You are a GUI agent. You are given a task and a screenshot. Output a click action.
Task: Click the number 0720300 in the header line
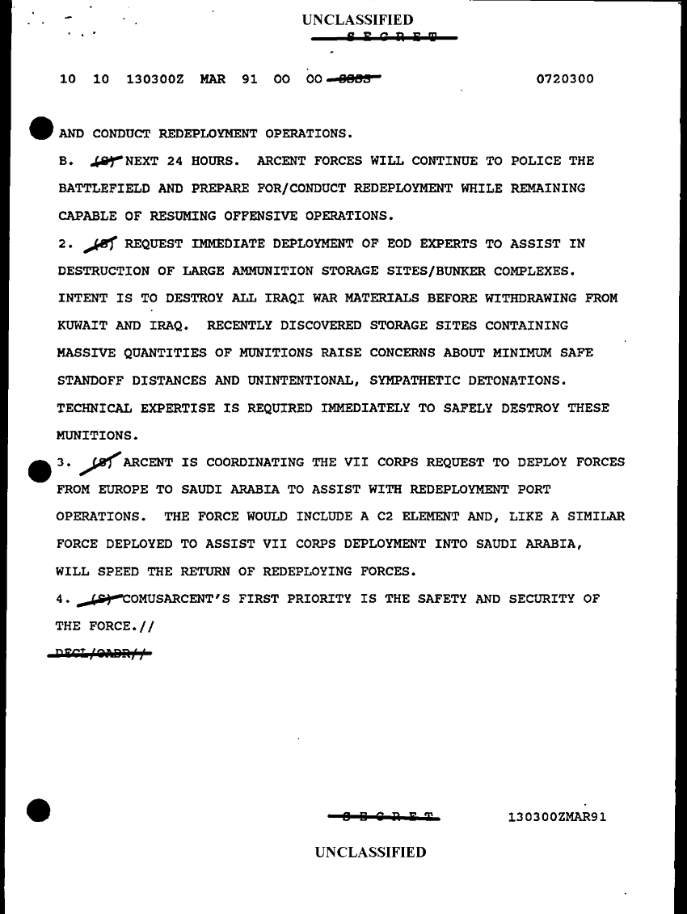pyautogui.click(x=565, y=79)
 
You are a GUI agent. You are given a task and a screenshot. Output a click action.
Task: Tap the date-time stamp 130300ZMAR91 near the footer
pyautogui.click(x=557, y=816)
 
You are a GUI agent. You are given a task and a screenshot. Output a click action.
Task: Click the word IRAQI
pyautogui.click(x=288, y=298)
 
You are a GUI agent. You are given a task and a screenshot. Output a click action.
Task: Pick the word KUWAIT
pyautogui.click(x=83, y=326)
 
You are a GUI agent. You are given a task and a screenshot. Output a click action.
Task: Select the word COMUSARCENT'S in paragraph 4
pyautogui.click(x=175, y=600)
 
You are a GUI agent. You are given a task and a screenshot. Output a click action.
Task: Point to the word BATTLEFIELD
pyautogui.click(x=103, y=188)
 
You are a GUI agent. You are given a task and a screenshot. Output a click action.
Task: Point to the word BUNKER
pyautogui.click(x=466, y=271)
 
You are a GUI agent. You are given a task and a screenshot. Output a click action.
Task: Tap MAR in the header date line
pyautogui.click(x=213, y=79)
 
